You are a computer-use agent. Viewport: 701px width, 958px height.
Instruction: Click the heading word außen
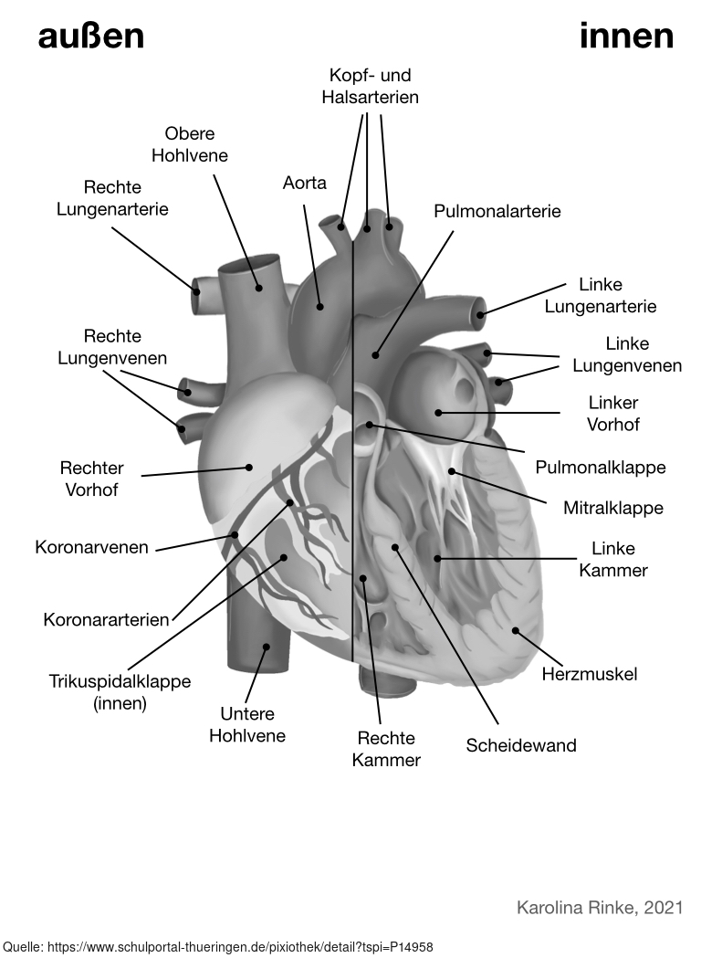click(91, 37)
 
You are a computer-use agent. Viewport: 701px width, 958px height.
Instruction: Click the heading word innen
click(626, 37)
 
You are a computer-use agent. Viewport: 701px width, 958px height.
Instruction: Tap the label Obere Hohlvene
click(190, 144)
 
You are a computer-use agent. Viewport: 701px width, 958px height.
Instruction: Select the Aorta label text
click(305, 183)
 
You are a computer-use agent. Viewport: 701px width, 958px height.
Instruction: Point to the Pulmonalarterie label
click(497, 211)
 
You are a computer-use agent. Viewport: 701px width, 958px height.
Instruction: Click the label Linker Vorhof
click(613, 414)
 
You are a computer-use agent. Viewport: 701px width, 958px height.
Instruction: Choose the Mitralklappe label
click(613, 508)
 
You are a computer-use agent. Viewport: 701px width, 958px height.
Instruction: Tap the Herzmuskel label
click(590, 674)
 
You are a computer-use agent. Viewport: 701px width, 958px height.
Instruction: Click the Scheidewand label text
click(521, 745)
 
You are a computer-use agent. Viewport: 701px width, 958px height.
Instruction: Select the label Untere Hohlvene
click(247, 724)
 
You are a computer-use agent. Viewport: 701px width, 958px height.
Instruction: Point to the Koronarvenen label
click(91, 548)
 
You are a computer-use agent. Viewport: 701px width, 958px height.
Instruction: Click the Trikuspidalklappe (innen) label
click(120, 692)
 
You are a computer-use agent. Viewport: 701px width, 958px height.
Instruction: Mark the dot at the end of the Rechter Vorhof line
click(248, 468)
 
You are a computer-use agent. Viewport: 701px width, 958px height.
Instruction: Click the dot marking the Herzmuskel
click(515, 630)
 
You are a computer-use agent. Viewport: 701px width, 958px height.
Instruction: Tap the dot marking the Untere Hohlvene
click(267, 647)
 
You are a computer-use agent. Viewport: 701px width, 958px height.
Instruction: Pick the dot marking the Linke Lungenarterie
click(480, 315)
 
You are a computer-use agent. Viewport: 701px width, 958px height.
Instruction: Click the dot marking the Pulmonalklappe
click(370, 425)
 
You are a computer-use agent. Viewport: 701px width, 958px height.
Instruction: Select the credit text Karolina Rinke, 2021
click(600, 908)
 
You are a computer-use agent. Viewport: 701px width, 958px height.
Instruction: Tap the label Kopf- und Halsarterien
click(371, 85)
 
